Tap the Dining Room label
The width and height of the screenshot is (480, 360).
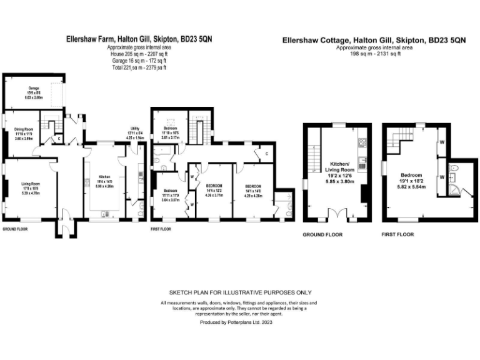(23, 130)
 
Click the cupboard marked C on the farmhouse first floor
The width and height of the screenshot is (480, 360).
(266, 154)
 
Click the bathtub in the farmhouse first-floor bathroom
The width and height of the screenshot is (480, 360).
(166, 152)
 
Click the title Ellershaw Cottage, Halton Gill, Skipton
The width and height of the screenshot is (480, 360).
(374, 40)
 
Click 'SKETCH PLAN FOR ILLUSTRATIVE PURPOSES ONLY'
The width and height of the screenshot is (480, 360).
(240, 292)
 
